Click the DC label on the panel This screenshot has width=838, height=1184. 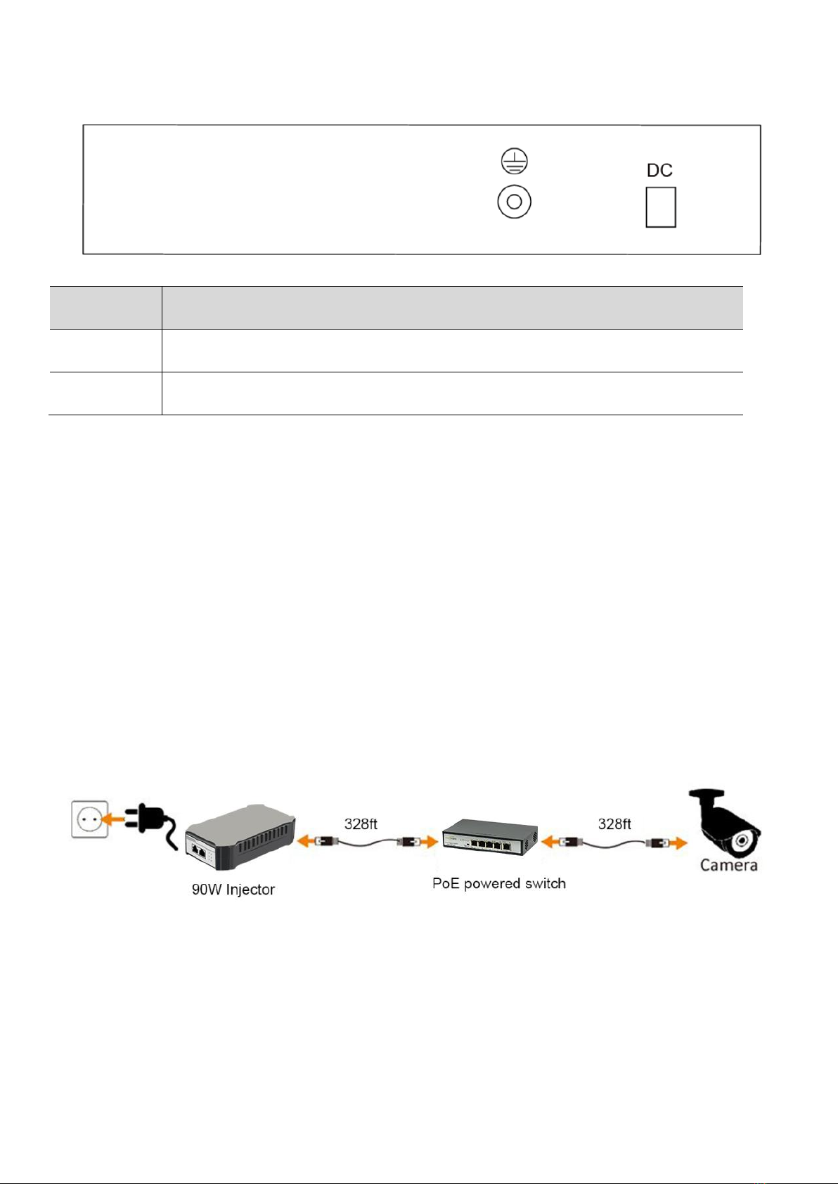pos(659,170)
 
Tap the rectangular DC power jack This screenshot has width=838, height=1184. pos(661,207)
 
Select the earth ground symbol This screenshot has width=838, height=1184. pos(514,162)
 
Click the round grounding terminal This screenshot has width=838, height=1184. pos(514,202)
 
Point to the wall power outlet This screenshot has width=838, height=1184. pos(90,819)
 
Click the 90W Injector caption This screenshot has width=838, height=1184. pos(233,890)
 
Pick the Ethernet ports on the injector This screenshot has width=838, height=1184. pos(199,853)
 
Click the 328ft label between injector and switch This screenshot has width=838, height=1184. pos(361,824)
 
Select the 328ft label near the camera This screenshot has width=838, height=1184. pos(614,824)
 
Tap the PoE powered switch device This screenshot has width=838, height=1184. pos(489,836)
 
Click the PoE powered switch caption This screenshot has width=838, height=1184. pos(498,883)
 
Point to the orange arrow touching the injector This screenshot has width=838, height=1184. pos(306,840)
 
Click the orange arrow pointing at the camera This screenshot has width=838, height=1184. pos(676,842)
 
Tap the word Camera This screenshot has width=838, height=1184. pos(728,865)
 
